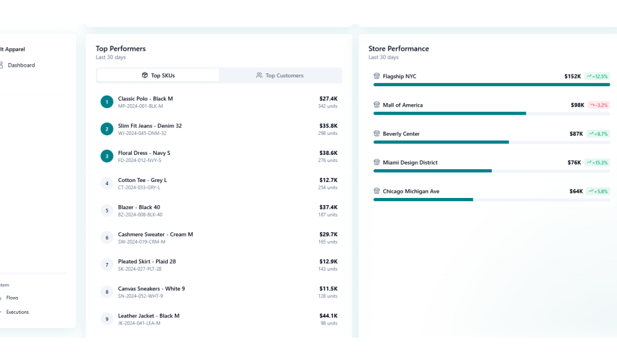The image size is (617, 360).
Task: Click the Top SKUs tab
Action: click(x=158, y=75)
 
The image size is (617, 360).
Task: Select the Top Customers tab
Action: click(x=280, y=75)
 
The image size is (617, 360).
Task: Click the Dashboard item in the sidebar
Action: click(x=21, y=65)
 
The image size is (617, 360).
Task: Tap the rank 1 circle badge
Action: click(x=107, y=102)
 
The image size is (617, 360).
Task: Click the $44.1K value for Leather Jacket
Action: click(x=328, y=316)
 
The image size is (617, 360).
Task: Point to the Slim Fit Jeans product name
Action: click(x=150, y=126)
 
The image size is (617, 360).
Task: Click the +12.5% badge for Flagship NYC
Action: click(x=597, y=76)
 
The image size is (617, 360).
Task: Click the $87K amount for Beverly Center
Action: click(x=576, y=134)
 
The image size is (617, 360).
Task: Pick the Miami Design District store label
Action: click(x=410, y=163)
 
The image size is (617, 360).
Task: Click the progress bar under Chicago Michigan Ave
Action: click(x=423, y=199)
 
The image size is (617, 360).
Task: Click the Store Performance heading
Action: click(x=398, y=48)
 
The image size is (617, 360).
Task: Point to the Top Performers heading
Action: click(x=121, y=48)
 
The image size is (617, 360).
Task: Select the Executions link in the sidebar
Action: click(x=17, y=312)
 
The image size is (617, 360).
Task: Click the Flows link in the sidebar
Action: click(x=12, y=298)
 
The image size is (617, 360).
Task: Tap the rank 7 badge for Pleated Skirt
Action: click(x=107, y=265)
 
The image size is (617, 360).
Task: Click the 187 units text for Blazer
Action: click(x=328, y=215)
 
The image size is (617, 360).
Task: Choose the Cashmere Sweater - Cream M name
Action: click(x=156, y=235)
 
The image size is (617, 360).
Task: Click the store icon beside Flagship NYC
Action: click(x=377, y=76)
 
